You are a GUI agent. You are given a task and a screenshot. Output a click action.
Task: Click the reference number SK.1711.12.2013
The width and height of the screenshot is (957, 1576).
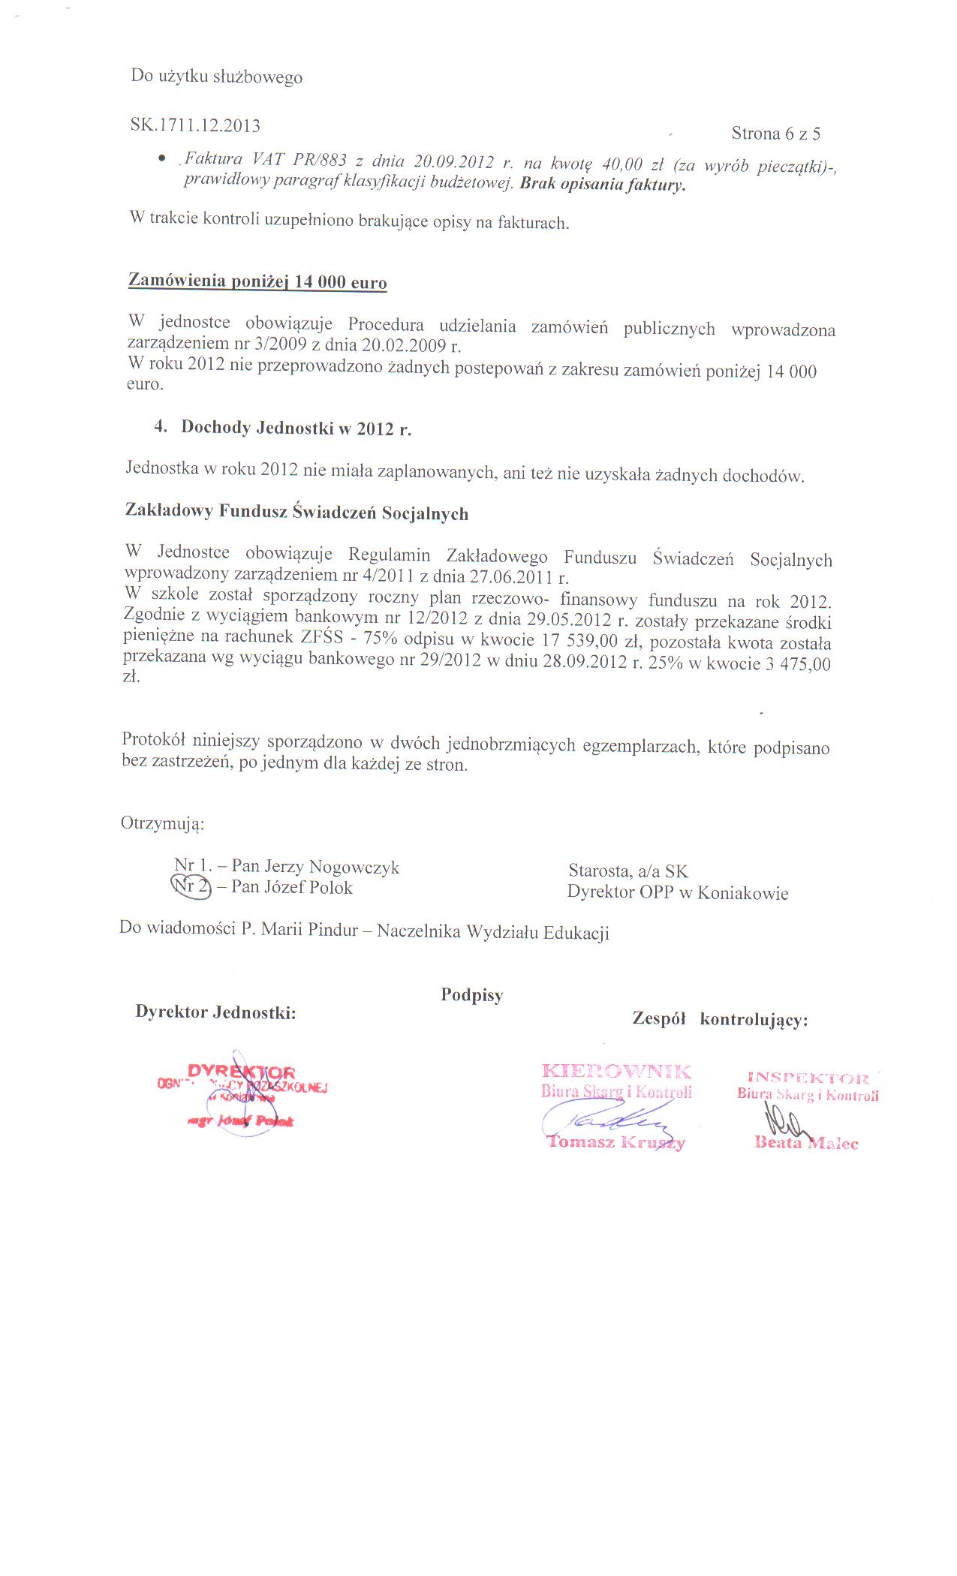tap(195, 125)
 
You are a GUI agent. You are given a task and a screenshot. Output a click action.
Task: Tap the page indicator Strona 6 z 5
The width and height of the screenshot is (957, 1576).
tap(775, 134)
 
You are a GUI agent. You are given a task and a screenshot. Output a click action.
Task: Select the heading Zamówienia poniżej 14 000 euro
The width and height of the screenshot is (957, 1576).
tap(257, 281)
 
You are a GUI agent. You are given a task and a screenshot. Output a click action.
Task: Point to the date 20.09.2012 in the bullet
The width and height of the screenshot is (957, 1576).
tap(454, 161)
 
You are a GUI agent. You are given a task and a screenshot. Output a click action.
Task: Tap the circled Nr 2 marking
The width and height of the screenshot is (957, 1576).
tap(191, 886)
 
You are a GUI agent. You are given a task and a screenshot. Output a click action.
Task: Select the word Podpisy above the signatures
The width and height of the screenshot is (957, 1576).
tap(471, 995)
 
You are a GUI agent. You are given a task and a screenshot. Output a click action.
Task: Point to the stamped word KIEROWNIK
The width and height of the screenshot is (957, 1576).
tap(616, 1071)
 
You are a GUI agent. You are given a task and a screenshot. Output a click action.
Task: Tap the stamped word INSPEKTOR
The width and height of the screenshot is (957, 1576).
tap(808, 1079)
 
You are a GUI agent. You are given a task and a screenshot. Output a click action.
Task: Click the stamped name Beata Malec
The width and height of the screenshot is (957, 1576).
tap(806, 1143)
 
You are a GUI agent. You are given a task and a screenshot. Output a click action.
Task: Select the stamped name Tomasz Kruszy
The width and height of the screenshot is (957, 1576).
tap(615, 1142)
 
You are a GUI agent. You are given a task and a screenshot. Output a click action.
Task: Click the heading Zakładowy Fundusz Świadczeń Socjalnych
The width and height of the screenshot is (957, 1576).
tap(296, 513)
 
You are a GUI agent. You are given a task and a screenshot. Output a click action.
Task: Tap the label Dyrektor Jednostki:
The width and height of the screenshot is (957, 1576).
tap(215, 1012)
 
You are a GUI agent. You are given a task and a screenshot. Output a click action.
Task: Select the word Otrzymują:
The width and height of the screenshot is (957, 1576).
tap(162, 823)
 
